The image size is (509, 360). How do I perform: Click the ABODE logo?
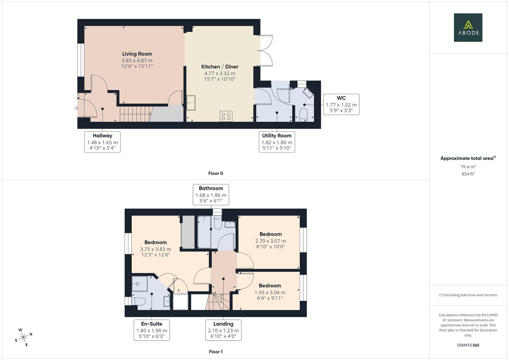[468, 27]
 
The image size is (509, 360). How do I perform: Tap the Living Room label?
[137, 54]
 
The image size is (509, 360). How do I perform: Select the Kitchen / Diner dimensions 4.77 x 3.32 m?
[220, 73]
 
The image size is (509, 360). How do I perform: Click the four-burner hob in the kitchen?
[226, 116]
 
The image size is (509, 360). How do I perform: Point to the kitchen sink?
[191, 103]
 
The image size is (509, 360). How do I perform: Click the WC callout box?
[341, 104]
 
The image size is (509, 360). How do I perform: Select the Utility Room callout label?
[277, 136]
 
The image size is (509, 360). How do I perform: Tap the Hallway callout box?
[102, 142]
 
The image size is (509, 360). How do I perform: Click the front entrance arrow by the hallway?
[76, 108]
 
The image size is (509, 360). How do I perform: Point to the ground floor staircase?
[135, 114]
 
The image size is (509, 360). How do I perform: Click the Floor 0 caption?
[216, 173]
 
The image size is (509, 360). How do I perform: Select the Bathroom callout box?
[211, 195]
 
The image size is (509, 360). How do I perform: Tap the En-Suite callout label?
[152, 324]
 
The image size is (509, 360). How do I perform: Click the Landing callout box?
[223, 330]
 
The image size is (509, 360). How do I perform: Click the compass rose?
[23, 337]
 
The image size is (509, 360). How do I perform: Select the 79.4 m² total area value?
[468, 167]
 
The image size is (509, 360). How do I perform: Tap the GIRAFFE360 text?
[468, 345]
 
